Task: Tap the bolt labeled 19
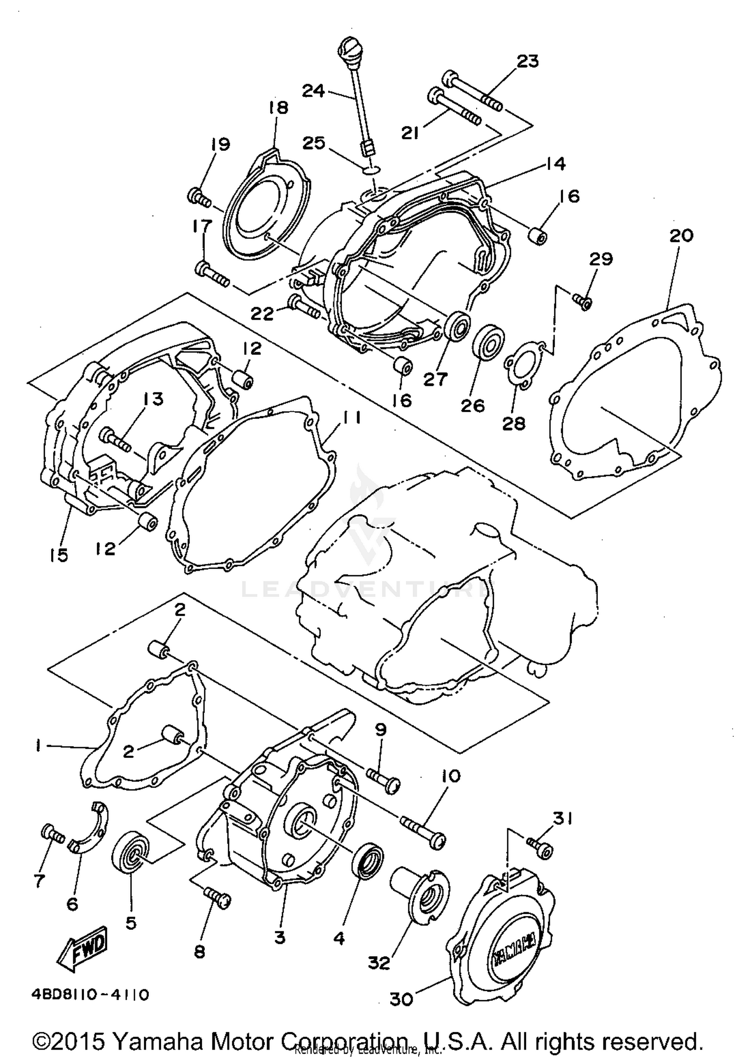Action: point(199,198)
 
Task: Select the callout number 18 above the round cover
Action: point(279,108)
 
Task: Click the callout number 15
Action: point(58,556)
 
